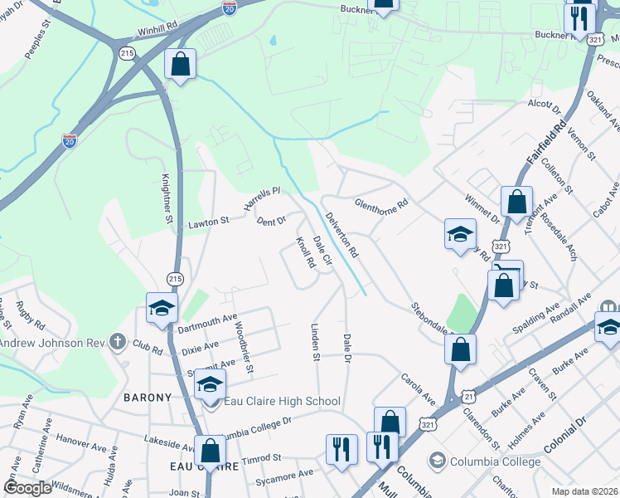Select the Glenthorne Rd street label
click(x=382, y=203)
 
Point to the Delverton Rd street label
click(x=341, y=234)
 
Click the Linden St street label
click(x=315, y=342)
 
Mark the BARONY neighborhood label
click(x=148, y=398)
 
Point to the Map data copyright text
click(x=584, y=491)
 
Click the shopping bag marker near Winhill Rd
click(x=180, y=64)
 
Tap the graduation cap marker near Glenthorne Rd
click(x=460, y=234)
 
